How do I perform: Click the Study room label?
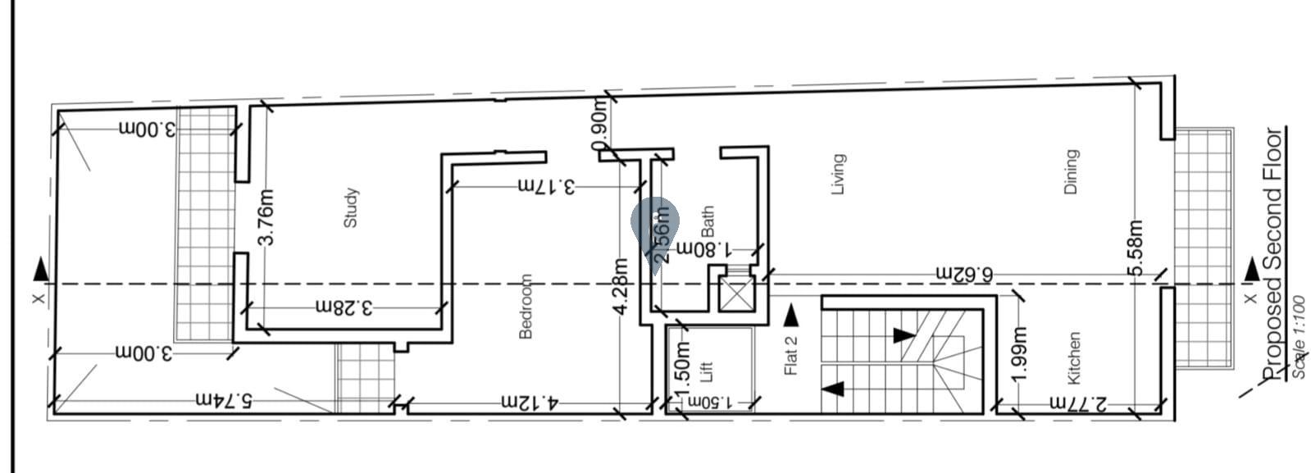tap(350, 208)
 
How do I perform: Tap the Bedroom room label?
tap(526, 306)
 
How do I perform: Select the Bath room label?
tap(708, 221)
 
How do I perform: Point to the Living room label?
tap(837, 174)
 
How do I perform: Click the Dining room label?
tap(1071, 171)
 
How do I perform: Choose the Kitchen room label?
tap(1074, 358)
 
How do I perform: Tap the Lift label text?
tap(708, 371)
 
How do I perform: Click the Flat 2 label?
tap(791, 352)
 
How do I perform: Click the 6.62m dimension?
tap(963, 273)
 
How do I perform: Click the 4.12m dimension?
tap(530, 403)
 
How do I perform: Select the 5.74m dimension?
tap(224, 400)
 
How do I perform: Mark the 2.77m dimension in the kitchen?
tap(1077, 403)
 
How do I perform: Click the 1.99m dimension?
tap(1019, 354)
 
